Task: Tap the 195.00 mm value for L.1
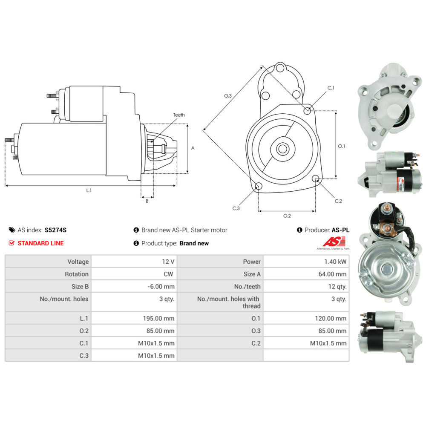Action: (158, 318)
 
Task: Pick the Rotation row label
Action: (77, 274)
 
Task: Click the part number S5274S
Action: (56, 230)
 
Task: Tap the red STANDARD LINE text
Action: (40, 243)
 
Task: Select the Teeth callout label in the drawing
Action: (179, 115)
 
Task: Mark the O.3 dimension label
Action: (228, 96)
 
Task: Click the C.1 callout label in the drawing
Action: (331, 88)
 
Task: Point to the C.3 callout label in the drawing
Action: (236, 208)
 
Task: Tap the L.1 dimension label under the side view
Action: (89, 190)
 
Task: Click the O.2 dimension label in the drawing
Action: (287, 216)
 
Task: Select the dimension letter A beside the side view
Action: (193, 148)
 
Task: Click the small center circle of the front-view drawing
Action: (282, 149)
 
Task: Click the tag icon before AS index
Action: (12, 230)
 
